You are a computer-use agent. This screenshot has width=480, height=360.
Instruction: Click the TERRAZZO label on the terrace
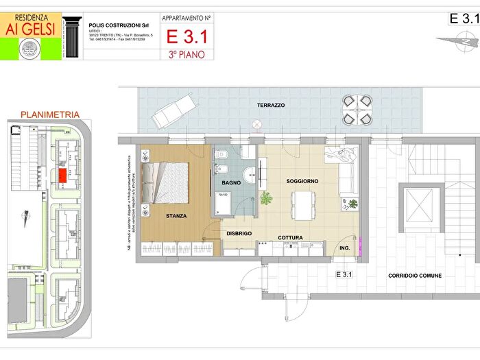tap(271, 106)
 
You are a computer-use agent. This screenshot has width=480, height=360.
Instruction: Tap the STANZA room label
tap(176, 216)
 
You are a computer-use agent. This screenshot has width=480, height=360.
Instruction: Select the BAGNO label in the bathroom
tap(230, 182)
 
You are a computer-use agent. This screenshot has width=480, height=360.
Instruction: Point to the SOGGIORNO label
tap(302, 181)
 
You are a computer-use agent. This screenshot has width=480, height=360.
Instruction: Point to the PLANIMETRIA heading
tap(50, 115)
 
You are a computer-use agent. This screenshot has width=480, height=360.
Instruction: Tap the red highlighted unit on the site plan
tap(62, 176)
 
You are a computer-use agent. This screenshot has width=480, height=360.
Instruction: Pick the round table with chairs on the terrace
tap(357, 110)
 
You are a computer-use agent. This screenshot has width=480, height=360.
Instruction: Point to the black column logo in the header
tap(71, 36)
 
